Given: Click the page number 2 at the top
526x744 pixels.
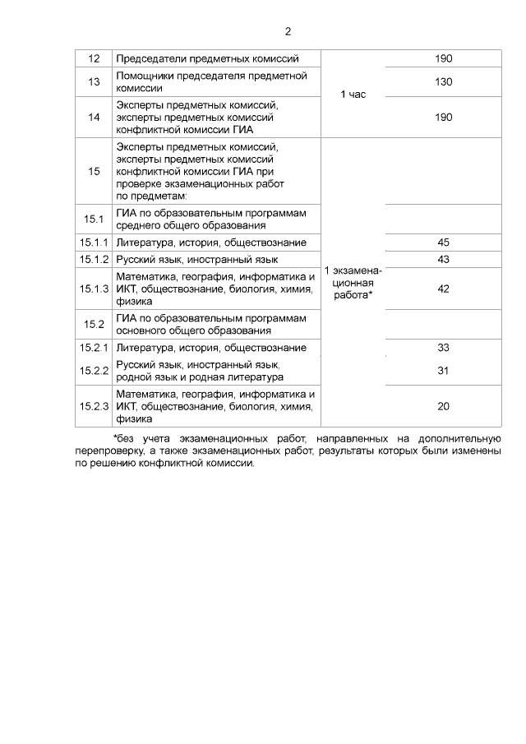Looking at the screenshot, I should tap(288, 32).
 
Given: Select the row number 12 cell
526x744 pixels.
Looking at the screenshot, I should tap(94, 58).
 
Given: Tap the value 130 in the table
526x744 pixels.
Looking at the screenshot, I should tap(444, 81).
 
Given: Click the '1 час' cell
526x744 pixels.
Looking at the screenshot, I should tap(353, 95).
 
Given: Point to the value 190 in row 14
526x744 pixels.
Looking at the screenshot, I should tap(444, 118).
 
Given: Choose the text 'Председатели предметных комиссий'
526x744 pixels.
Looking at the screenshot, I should tap(206, 58).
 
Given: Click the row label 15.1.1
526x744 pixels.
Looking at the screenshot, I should tap(94, 243).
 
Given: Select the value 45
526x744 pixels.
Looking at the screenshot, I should tap(444, 243).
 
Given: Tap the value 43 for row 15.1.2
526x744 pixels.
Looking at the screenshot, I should tap(444, 260).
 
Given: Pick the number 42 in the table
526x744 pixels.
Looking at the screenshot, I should tap(444, 289).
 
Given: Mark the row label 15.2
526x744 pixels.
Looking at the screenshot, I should tap(94, 324).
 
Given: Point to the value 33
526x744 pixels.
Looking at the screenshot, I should tap(444, 348).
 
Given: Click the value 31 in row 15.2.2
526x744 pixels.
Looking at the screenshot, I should tap(444, 371).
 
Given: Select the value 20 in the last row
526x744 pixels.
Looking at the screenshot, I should tap(444, 406).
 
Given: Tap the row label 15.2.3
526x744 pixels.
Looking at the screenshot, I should tap(94, 406).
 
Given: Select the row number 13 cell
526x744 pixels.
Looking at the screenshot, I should tap(94, 81).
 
